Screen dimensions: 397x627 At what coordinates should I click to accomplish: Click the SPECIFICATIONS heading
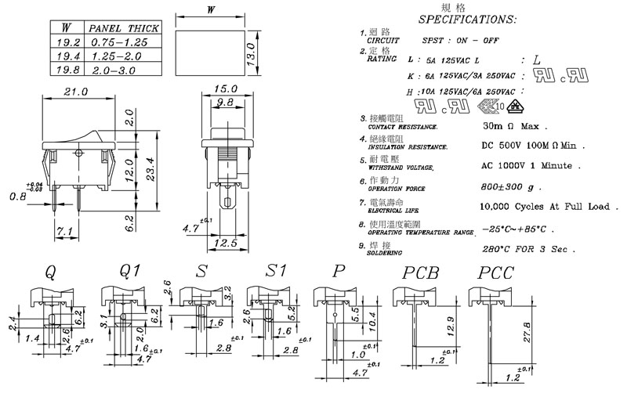click(x=467, y=19)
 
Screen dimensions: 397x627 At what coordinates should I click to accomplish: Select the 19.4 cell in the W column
click(x=67, y=57)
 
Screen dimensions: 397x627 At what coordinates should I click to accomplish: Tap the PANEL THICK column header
click(x=123, y=28)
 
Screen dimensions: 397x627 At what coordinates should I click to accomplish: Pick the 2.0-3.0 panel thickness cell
click(x=117, y=70)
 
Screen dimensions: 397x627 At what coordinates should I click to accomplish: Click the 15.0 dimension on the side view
click(x=226, y=92)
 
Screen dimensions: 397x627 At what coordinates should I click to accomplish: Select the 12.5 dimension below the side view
click(x=226, y=243)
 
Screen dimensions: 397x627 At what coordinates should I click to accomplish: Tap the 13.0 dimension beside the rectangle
click(x=252, y=54)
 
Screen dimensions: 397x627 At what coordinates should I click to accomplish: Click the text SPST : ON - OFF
click(x=461, y=39)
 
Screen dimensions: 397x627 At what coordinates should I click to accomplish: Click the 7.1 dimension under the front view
click(x=66, y=232)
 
